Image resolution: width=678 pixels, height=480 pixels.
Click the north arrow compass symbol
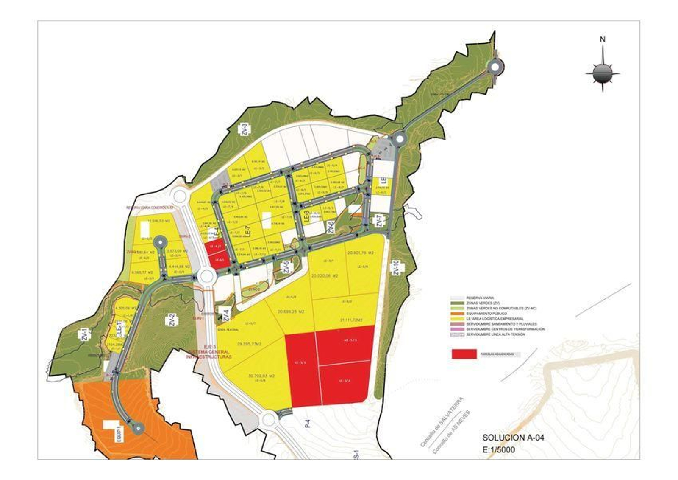[602, 73]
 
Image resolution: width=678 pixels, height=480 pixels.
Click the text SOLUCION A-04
[513, 438]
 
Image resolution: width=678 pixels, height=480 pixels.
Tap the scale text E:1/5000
[498, 449]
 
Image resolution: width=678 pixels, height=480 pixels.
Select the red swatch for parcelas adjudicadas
[464, 354]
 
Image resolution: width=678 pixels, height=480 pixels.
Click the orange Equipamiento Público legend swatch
[457, 314]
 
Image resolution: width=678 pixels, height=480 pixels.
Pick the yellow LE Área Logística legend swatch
[457, 319]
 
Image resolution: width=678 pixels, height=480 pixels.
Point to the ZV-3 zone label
[245, 129]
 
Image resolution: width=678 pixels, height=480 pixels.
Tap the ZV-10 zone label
[396, 269]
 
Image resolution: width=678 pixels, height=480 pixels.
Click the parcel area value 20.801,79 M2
[361, 253]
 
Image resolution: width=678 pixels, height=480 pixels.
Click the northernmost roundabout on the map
[494, 67]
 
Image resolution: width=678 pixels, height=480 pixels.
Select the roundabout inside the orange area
[138, 428]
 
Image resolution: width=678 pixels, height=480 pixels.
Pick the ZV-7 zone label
[379, 221]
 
